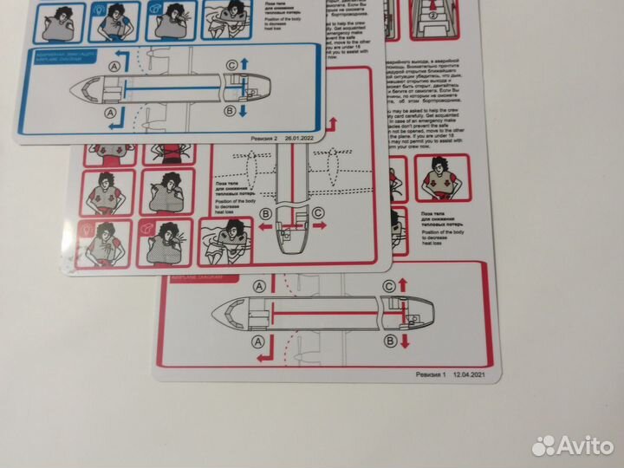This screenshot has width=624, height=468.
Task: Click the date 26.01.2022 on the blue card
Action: pos(298,135)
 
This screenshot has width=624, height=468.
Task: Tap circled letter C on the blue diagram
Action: pos(231,66)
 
